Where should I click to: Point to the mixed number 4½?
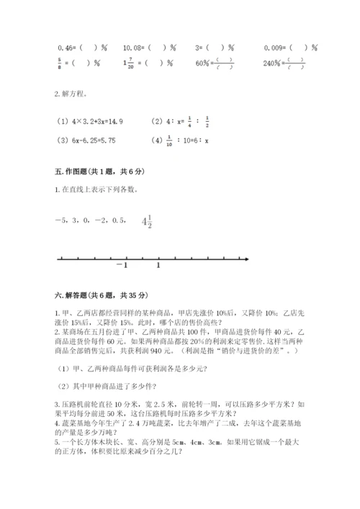tap(147, 222)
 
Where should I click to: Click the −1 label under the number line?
tap(120, 266)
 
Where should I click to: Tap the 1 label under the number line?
tap(158, 266)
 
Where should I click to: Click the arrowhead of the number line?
tap(246, 258)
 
